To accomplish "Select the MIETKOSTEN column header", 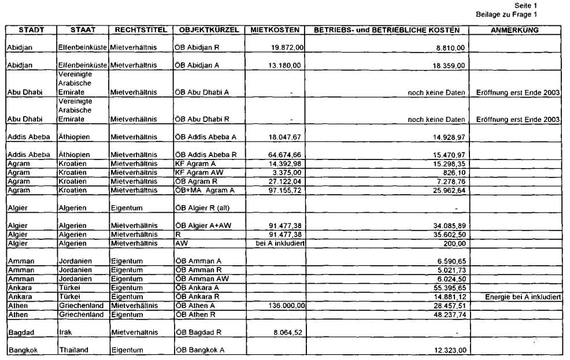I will point(275,29).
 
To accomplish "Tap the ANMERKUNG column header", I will point(515,29).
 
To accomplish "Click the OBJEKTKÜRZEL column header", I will point(209,29).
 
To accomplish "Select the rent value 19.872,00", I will point(285,47).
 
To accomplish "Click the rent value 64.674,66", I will point(285,155).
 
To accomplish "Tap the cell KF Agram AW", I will point(197,172).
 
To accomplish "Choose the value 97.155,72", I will point(285,190).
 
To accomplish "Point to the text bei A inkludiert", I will point(280,243).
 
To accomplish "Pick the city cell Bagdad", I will point(21,332).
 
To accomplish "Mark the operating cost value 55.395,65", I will point(449,287).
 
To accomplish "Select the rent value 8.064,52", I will point(287,332).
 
